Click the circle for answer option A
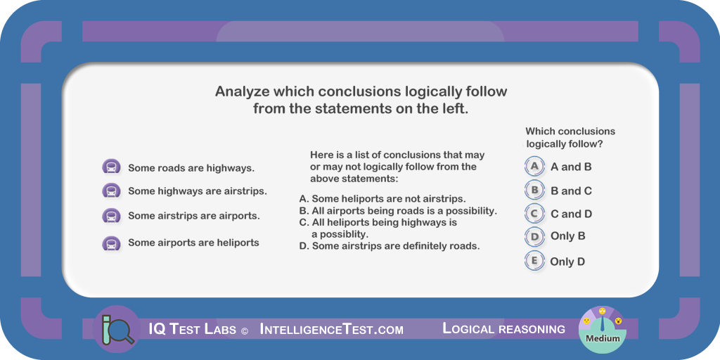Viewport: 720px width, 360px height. [x=534, y=166]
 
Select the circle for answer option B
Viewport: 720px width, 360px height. [x=534, y=190]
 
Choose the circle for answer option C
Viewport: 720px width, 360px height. [x=534, y=214]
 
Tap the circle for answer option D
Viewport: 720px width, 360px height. [x=534, y=236]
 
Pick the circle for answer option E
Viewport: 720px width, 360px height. [x=534, y=261]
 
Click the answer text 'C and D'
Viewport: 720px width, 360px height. [x=571, y=214]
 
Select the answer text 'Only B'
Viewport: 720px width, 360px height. [x=568, y=236]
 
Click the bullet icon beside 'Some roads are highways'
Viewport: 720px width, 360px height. [x=111, y=167]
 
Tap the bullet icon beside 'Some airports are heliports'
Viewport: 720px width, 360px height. [x=111, y=243]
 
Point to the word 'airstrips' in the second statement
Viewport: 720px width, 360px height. [x=245, y=191]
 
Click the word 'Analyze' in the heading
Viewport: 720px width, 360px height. [x=242, y=91]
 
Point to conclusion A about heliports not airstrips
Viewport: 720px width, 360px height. [x=382, y=199]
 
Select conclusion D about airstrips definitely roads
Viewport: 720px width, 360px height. [x=390, y=246]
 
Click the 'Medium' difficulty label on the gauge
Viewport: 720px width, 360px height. [x=603, y=339]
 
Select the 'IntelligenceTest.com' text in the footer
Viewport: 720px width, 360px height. [x=332, y=329]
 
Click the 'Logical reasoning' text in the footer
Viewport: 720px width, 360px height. [x=503, y=329]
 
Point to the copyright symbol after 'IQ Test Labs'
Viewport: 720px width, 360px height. [x=244, y=330]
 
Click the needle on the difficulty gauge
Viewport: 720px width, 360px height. [x=603, y=323]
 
